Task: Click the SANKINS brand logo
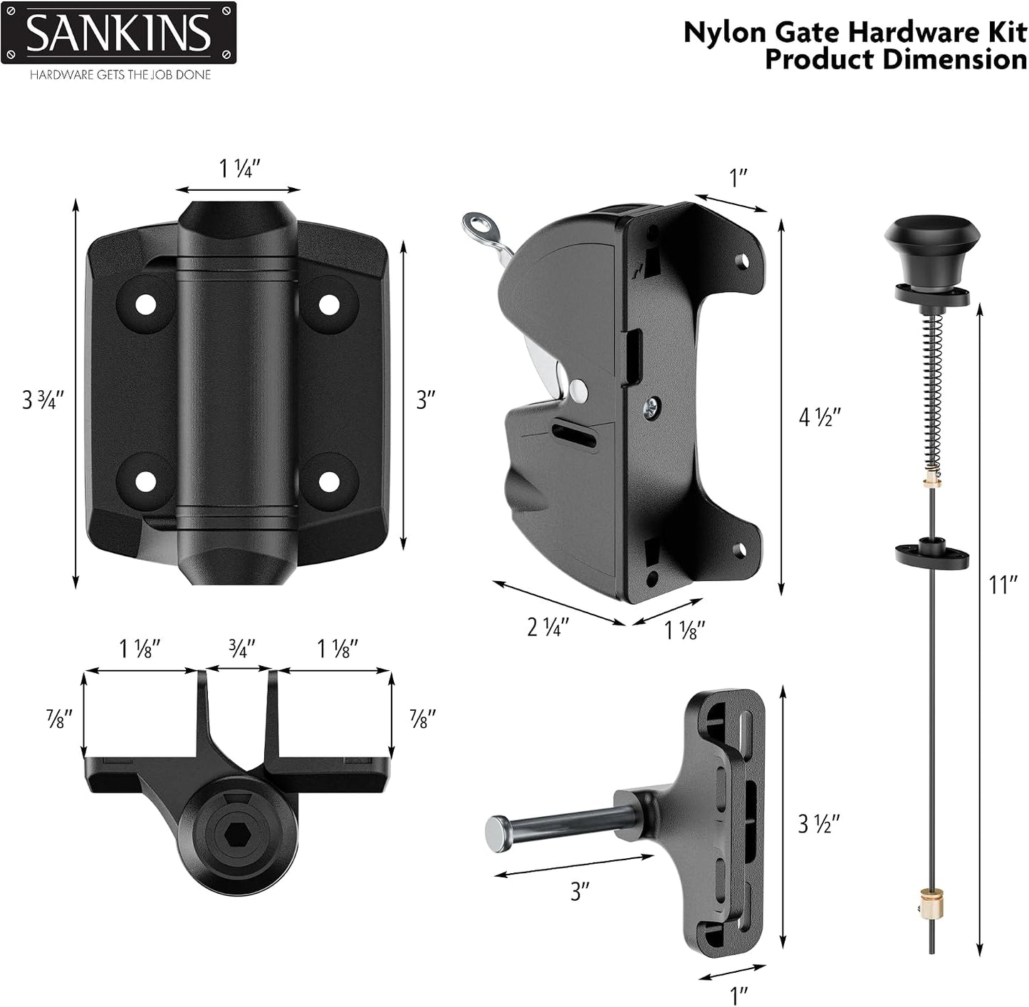click(x=118, y=33)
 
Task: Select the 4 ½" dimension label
click(x=819, y=418)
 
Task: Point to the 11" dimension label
click(x=1003, y=585)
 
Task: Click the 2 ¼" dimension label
click(x=548, y=627)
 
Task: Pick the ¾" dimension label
click(x=241, y=648)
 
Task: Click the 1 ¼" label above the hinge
click(x=240, y=169)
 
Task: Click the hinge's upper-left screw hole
click(x=147, y=306)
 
